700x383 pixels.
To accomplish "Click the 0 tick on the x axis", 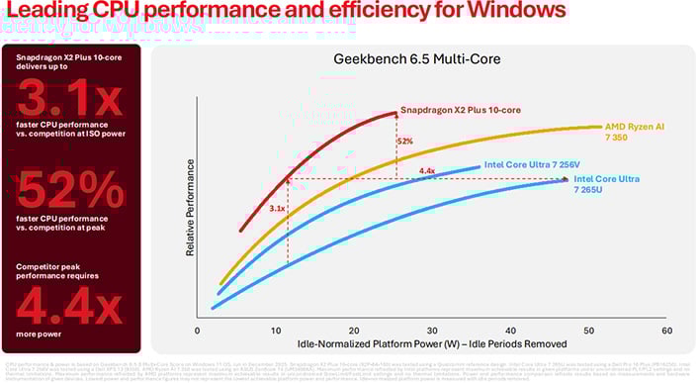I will [x=199, y=330].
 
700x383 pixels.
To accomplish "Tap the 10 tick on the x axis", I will [x=276, y=330].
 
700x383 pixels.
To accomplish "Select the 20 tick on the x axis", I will [x=354, y=330].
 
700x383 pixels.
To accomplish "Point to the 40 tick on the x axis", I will [x=510, y=330].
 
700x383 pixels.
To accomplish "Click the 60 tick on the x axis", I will [x=666, y=330].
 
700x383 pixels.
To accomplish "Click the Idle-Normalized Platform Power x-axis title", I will [x=432, y=345].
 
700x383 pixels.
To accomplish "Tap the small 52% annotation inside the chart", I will [x=404, y=142].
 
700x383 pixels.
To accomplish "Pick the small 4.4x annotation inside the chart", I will [x=427, y=171].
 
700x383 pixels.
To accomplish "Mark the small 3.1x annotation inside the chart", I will [x=277, y=209].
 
